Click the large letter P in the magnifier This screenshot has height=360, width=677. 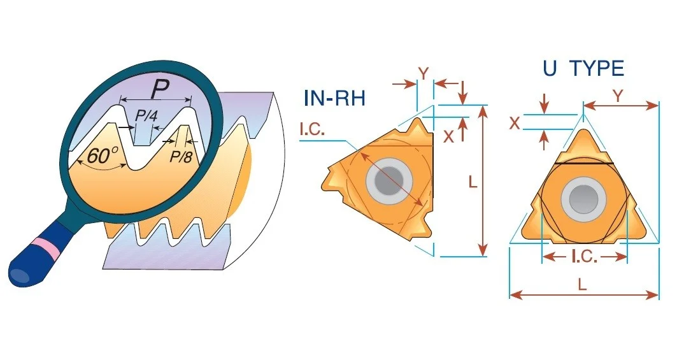coord(160,90)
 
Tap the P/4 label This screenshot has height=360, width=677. coord(146,115)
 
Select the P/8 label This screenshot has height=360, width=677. coord(181,156)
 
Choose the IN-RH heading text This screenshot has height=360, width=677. coord(334,98)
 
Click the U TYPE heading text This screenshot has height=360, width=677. coord(583,68)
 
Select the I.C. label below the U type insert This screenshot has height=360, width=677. coord(585,257)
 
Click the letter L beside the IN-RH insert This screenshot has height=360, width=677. coord(473,182)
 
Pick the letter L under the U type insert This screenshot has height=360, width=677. coord(583,284)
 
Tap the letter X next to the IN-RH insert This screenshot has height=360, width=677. coord(449,136)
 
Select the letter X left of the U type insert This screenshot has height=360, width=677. coord(515,124)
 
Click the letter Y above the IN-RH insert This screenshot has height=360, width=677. coord(424,75)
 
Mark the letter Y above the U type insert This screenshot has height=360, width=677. coord(618,96)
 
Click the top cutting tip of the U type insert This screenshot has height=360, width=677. coord(583,129)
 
